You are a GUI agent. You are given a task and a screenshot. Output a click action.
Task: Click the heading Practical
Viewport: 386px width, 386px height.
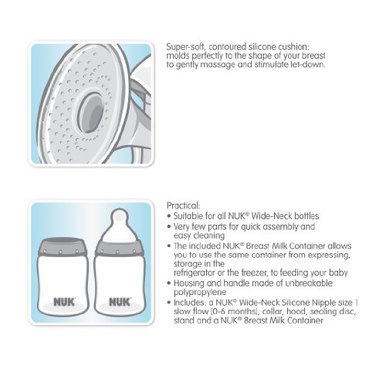(x=183, y=205)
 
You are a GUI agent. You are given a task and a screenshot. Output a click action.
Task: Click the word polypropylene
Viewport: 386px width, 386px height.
(x=200, y=293)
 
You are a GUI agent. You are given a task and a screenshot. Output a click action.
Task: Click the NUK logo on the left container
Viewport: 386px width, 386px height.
(x=64, y=302)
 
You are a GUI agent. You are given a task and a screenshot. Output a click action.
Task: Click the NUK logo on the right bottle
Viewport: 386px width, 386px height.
(x=120, y=302)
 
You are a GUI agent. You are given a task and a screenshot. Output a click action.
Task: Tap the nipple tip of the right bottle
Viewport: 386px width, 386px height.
(x=120, y=215)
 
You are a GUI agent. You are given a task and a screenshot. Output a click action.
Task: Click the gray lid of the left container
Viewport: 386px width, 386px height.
(x=62, y=246)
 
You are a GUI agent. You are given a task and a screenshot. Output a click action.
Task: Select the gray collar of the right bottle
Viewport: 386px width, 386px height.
(x=119, y=249)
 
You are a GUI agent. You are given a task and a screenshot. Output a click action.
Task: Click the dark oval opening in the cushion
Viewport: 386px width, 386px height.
(x=91, y=113)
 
